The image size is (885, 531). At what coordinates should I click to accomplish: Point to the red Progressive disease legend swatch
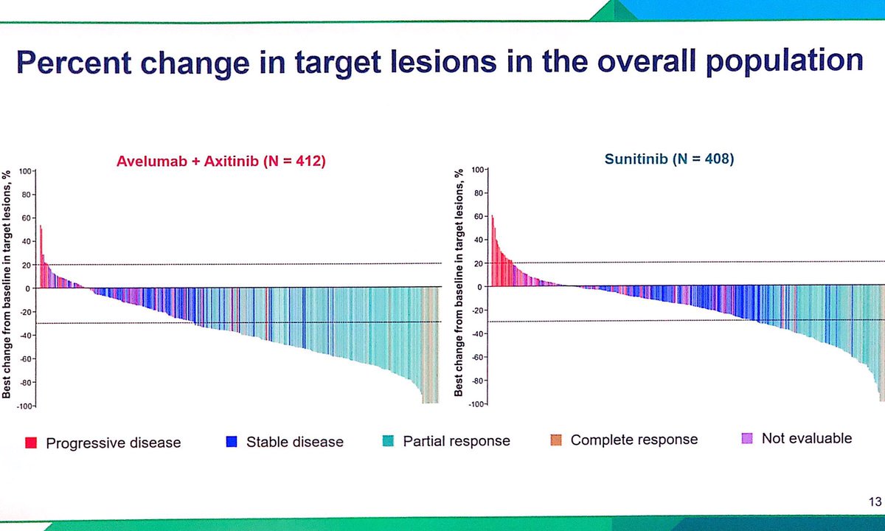coord(31,442)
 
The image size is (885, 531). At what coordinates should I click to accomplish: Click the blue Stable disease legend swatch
coord(232,442)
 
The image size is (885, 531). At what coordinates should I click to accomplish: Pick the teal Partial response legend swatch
coord(388,441)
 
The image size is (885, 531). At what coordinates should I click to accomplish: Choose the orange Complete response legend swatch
coord(556,440)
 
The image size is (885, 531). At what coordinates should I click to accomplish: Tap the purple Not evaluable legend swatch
coord(746,439)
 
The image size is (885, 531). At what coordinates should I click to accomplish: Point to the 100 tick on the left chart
coord(26,171)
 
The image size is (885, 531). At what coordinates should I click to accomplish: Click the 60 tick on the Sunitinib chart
coord(478,217)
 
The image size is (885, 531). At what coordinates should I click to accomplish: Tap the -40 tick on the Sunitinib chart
coord(476,334)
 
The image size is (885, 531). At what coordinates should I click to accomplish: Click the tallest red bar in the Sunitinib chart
coord(492,251)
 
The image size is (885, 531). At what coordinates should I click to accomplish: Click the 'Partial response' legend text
coord(457,441)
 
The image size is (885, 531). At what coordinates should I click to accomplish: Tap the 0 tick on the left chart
coord(28,288)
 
